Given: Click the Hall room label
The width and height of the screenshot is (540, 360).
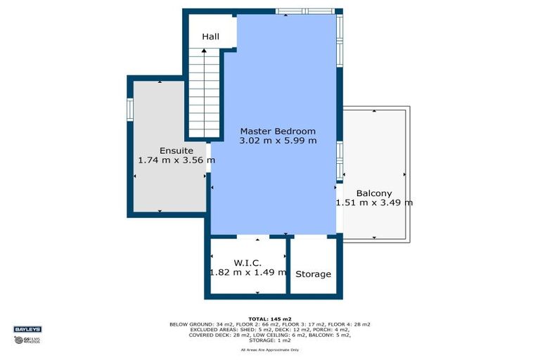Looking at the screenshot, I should (210, 36).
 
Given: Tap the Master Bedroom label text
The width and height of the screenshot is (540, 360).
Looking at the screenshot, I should (278, 131).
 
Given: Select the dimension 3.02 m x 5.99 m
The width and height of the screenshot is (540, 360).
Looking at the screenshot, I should (278, 141).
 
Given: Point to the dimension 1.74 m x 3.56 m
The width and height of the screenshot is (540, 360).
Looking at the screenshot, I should (176, 160).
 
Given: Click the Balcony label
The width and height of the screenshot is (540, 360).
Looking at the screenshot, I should (373, 193).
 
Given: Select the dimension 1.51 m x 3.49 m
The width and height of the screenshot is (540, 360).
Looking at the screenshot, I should (373, 203).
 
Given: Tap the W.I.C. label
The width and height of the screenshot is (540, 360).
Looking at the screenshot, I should (247, 263).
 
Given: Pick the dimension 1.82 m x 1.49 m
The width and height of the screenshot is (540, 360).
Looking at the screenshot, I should (247, 272).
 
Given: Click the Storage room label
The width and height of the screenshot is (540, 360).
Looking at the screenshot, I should (313, 274).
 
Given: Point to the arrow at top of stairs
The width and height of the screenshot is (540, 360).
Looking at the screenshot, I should (204, 51).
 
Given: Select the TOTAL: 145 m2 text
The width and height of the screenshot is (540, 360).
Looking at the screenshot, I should (270, 319).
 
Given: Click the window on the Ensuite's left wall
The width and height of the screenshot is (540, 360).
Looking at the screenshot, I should (129, 110).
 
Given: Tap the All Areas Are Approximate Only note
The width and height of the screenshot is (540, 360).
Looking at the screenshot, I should (270, 349).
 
